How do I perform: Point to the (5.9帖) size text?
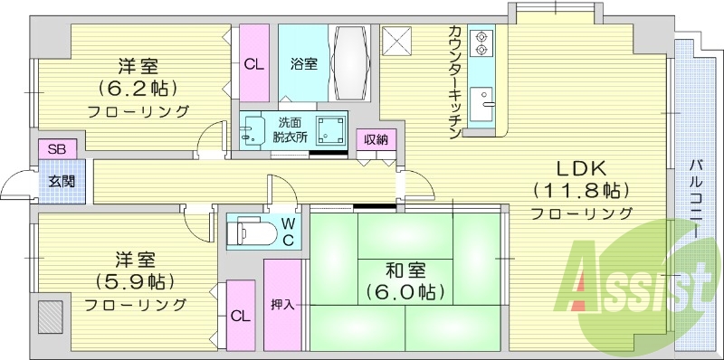[x=136, y=279]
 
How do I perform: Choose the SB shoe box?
[x=57, y=148]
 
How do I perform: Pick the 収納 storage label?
[x=376, y=139]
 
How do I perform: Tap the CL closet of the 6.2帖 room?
[x=254, y=63]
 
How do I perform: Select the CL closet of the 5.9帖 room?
[x=240, y=316]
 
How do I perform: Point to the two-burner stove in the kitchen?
[x=481, y=43]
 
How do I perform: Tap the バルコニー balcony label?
[x=696, y=199]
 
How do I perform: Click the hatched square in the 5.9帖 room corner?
[x=51, y=316]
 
